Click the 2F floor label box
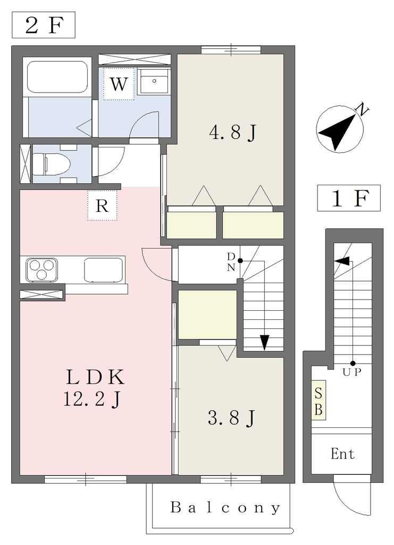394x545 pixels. click(44, 25)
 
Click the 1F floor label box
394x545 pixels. click(348, 198)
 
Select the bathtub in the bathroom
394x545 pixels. click(57, 77)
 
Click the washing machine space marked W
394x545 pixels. click(119, 84)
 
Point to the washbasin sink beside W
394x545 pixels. click(154, 81)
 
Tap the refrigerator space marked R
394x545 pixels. click(102, 205)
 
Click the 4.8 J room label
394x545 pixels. click(232, 133)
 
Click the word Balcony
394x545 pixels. click(225, 508)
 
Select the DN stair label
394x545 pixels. click(231, 262)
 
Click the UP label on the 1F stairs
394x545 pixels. click(352, 372)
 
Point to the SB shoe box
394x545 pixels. click(318, 400)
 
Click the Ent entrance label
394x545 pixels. click(342, 453)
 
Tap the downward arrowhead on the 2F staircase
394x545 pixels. click(264, 342)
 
